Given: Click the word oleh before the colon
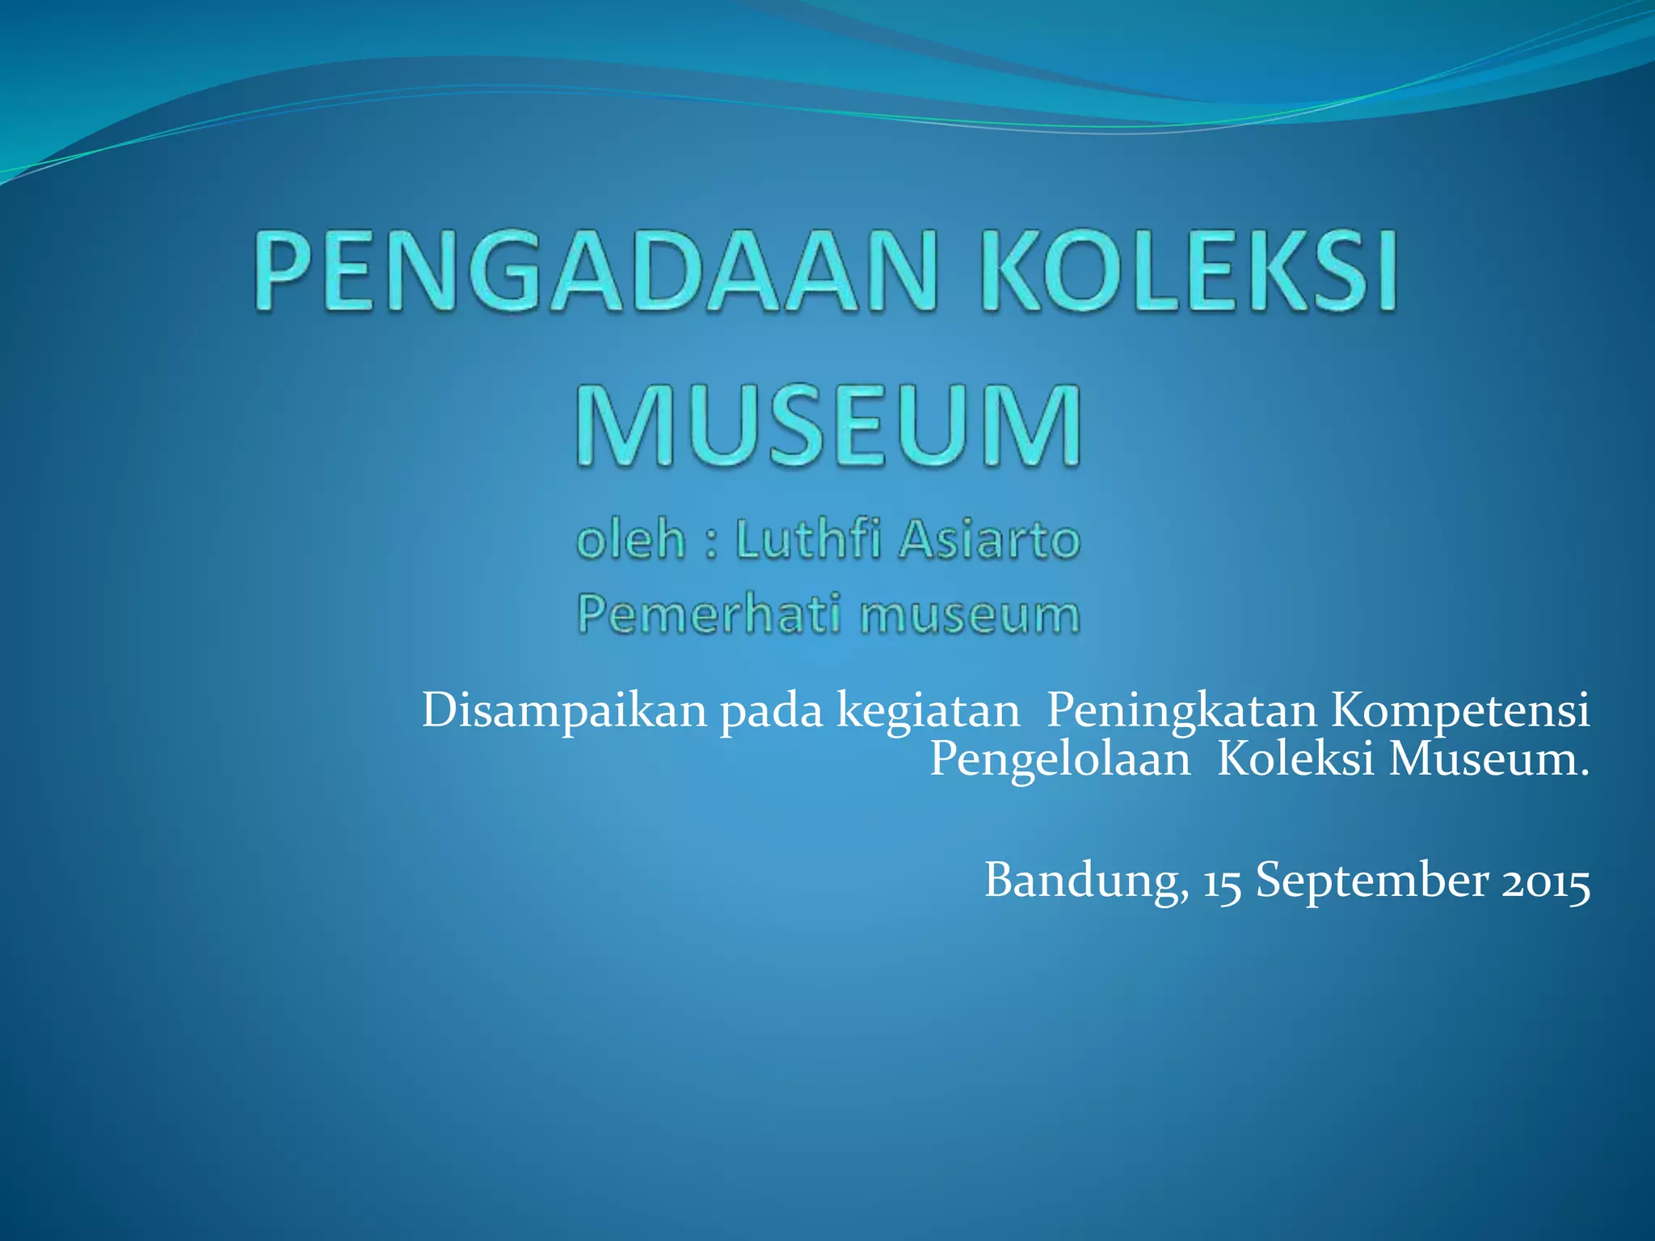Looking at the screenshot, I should [x=631, y=540].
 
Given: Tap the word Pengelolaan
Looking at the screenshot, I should [x=1059, y=760].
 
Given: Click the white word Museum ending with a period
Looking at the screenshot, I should [x=1489, y=759].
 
